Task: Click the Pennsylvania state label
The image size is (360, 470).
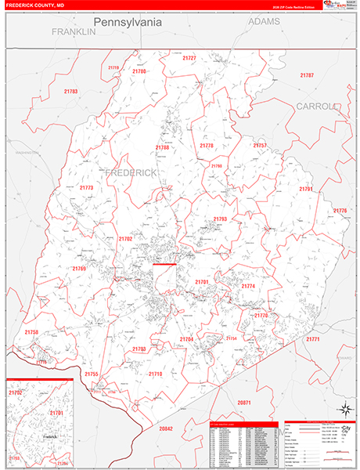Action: click(x=128, y=22)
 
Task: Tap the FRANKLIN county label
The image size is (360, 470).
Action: click(x=73, y=32)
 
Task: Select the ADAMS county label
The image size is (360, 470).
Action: click(x=264, y=23)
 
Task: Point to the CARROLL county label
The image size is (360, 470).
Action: click(x=315, y=106)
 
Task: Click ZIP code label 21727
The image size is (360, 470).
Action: click(x=189, y=58)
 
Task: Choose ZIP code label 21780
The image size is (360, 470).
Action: click(x=139, y=71)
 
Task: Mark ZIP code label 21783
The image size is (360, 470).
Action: click(x=70, y=92)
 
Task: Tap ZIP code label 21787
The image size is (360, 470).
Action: click(x=307, y=75)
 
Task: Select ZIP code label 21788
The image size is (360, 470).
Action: click(x=162, y=147)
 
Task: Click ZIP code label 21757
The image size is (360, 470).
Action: click(x=260, y=146)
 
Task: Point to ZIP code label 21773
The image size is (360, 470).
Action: click(x=86, y=188)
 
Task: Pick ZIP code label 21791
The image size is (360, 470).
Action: click(x=306, y=189)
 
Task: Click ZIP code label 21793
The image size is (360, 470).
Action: click(x=220, y=219)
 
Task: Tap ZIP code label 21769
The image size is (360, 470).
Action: click(x=79, y=268)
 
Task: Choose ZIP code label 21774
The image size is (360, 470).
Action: click(x=248, y=286)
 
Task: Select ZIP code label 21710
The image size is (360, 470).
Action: click(x=155, y=374)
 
